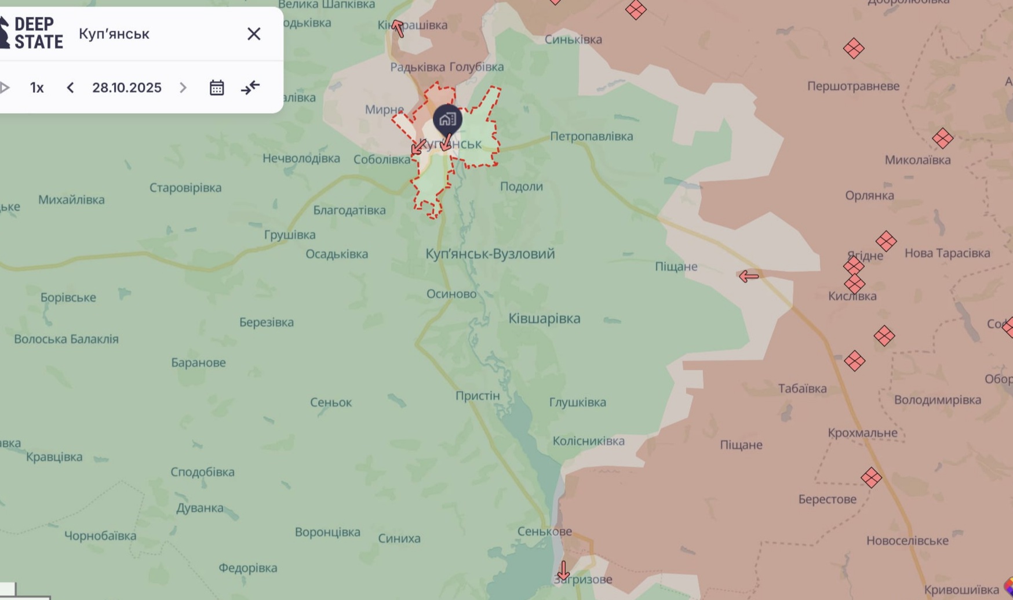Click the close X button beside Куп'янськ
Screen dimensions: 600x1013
coord(254,34)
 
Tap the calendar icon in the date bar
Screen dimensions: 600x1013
coord(217,88)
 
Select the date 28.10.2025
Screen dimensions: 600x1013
coord(126,88)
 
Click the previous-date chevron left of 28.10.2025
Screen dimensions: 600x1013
coord(70,88)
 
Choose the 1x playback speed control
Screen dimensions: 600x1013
coord(37,88)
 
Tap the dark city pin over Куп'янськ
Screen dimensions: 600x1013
coord(447,119)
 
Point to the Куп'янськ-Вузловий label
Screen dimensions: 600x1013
coord(490,253)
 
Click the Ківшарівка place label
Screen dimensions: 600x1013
coord(544,318)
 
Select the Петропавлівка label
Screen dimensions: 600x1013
coord(591,136)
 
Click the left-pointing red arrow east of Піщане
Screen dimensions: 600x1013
coord(749,277)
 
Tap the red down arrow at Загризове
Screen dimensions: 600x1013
coord(563,570)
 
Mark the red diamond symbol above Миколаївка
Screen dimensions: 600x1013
coord(942,139)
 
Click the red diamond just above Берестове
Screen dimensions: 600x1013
coord(871,478)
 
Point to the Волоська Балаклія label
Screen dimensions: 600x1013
coord(66,339)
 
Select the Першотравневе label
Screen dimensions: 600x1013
coord(853,86)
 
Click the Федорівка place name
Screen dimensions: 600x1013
coord(247,568)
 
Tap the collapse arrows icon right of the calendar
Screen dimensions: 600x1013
coord(250,88)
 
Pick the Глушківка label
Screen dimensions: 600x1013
coord(577,402)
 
